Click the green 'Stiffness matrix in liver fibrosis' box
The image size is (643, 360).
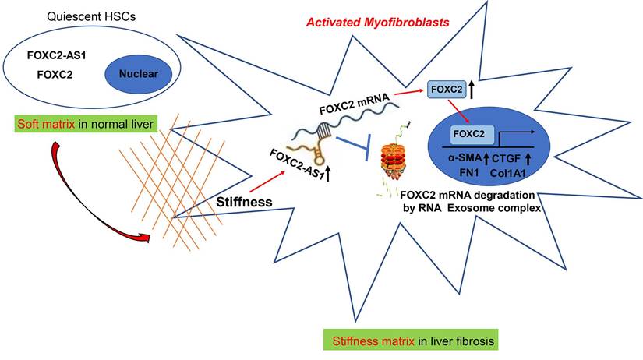pos(411,341)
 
